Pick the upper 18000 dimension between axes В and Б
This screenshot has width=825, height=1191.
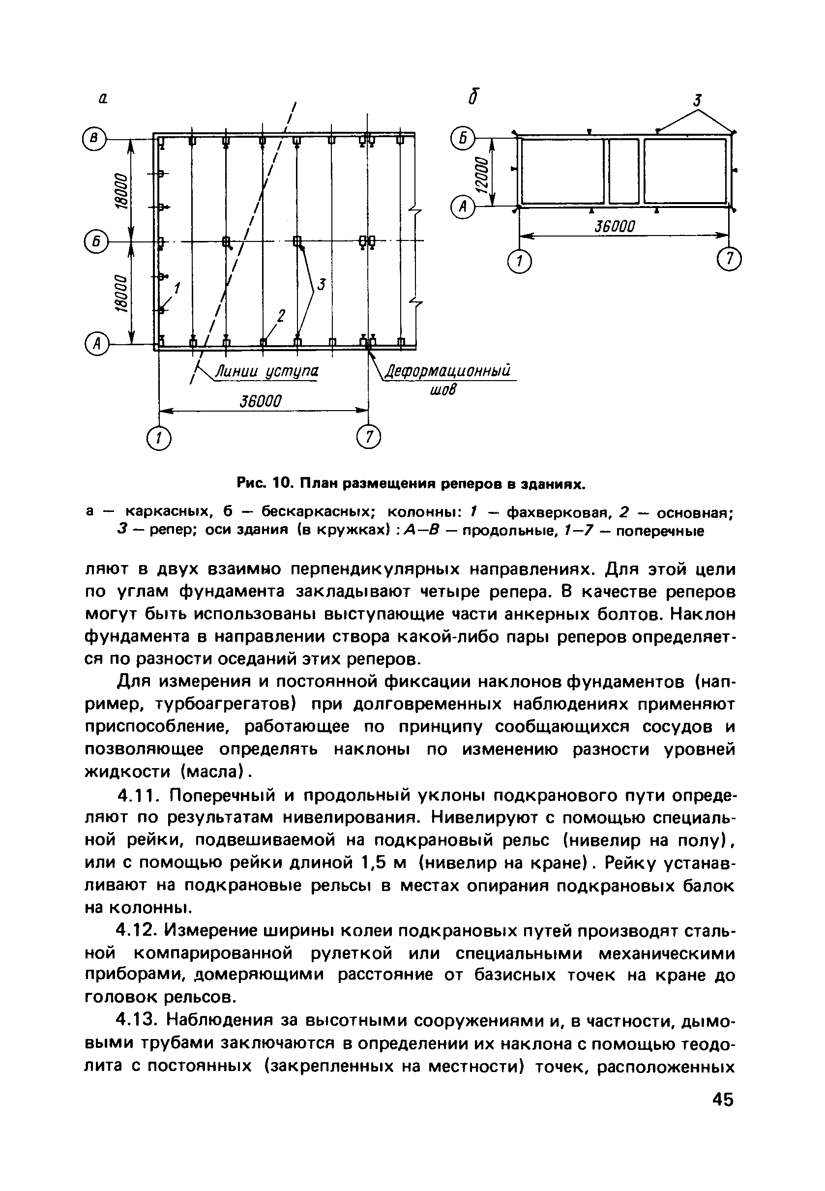(120, 190)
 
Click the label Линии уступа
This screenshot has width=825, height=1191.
(267, 371)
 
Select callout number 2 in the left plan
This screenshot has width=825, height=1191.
(281, 315)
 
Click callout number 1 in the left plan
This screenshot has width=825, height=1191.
(177, 287)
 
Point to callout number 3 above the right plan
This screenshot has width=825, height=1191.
(698, 100)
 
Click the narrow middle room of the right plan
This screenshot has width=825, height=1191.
(623, 171)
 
